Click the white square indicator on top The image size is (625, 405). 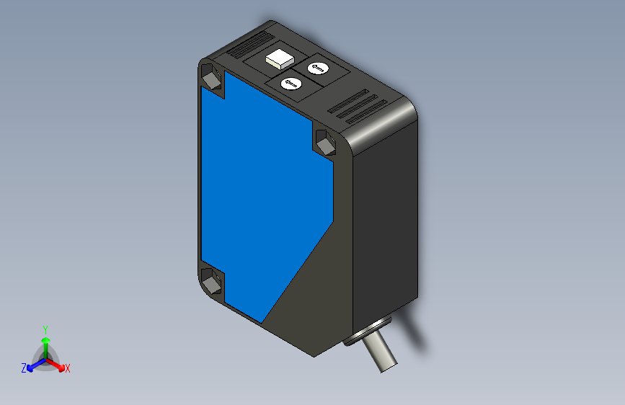[x=277, y=58]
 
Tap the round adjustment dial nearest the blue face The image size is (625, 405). [x=291, y=84]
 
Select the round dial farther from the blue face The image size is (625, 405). [x=318, y=68]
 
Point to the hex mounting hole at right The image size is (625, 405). [x=324, y=141]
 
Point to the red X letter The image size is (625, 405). [x=68, y=368]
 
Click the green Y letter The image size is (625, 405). [x=45, y=328]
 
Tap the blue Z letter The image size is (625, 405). [x=24, y=368]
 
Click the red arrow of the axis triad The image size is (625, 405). [x=58, y=364]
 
